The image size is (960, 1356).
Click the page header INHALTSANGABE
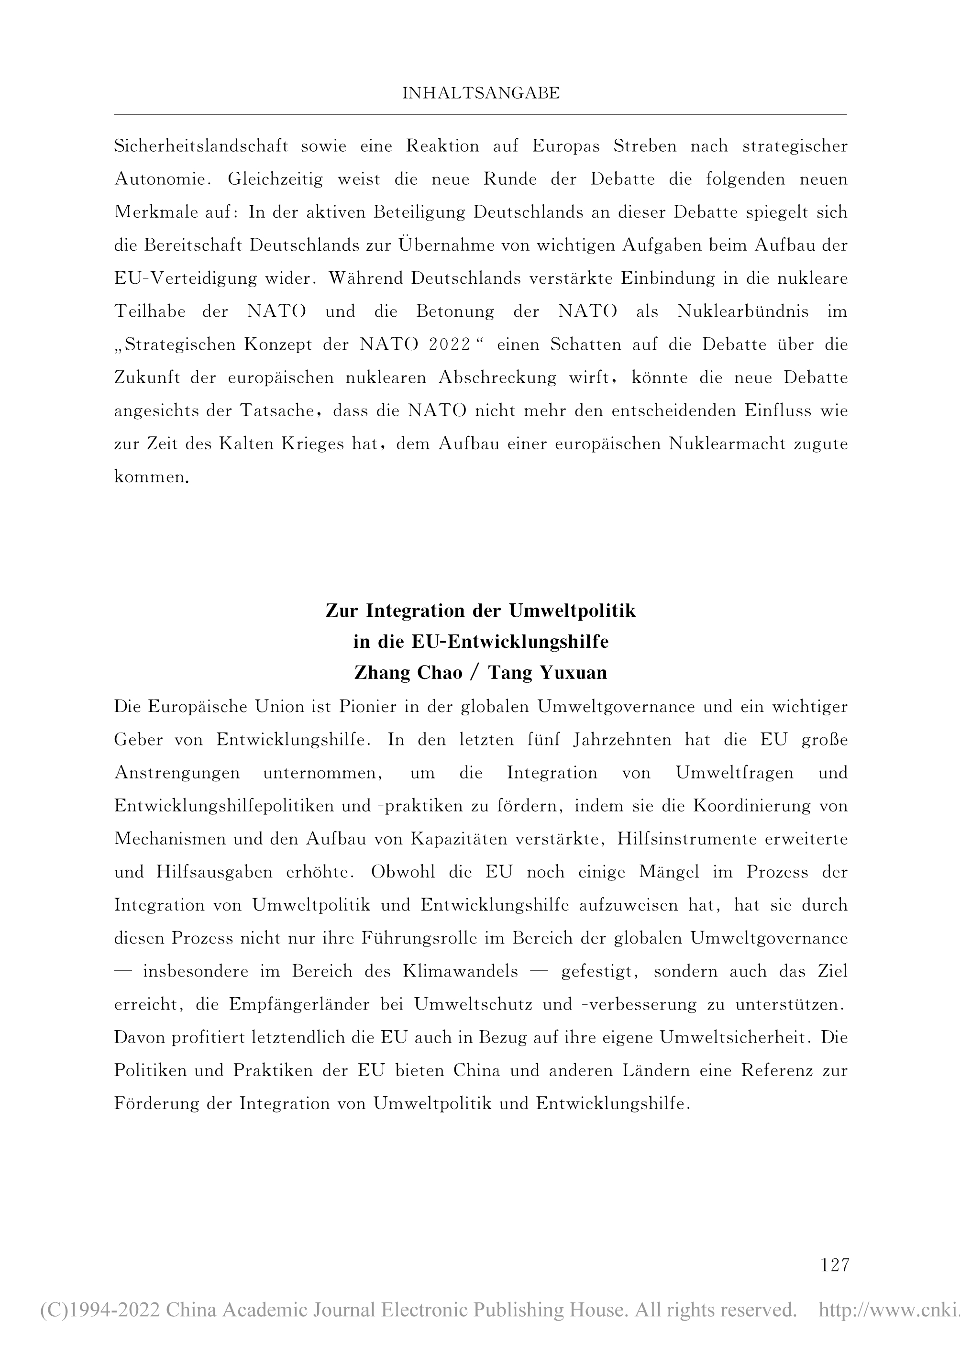pos(481,93)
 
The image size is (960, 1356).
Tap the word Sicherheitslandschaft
pos(201,146)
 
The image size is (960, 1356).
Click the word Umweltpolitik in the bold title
pos(572,611)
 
